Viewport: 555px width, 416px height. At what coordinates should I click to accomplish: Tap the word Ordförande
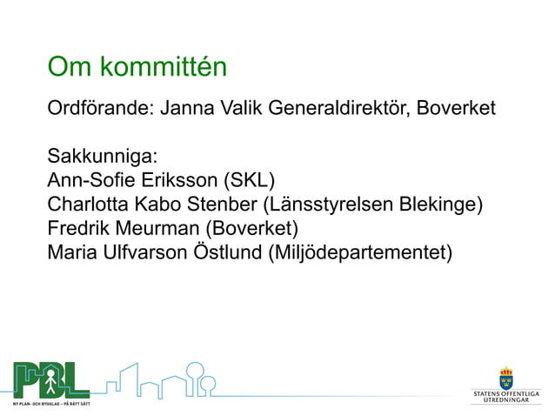click(x=98, y=110)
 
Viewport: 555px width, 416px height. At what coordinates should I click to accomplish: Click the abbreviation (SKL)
click(x=249, y=181)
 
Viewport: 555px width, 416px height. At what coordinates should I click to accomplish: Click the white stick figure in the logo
click(x=50, y=379)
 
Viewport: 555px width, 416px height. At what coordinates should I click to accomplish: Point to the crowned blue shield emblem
click(x=505, y=379)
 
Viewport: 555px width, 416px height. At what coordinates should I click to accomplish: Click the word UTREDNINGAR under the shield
click(x=506, y=400)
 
